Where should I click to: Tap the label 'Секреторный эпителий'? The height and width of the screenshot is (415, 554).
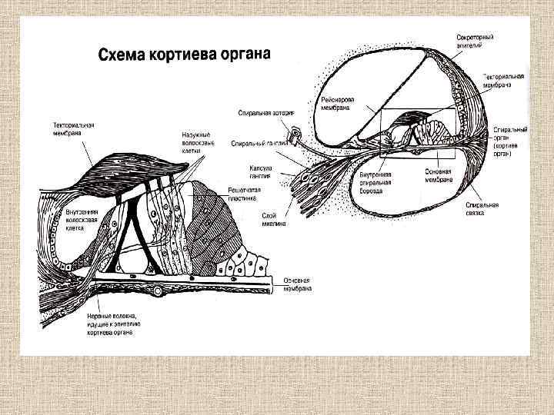click(x=475, y=41)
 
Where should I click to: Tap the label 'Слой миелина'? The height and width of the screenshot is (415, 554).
click(x=275, y=219)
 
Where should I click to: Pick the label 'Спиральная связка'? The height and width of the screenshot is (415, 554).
click(x=482, y=208)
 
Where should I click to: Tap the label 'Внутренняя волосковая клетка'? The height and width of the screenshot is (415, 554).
click(x=63, y=218)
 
